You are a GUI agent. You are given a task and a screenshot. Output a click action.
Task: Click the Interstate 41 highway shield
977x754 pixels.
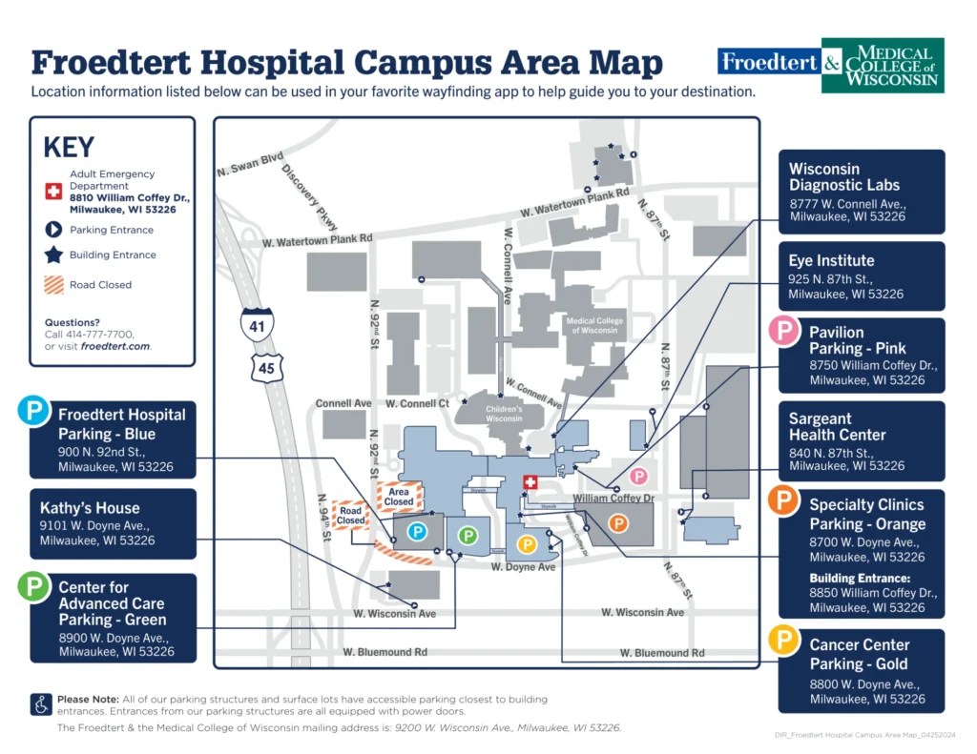257,323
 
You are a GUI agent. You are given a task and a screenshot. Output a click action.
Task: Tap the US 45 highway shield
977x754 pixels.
267,364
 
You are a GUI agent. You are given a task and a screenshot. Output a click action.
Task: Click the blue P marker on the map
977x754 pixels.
417,532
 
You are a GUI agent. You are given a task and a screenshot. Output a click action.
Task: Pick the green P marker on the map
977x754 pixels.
468,536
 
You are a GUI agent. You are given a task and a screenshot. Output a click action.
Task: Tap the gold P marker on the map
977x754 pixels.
525,543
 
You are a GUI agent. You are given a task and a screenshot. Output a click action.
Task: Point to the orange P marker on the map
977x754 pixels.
618,522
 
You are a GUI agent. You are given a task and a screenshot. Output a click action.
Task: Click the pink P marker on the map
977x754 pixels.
638,476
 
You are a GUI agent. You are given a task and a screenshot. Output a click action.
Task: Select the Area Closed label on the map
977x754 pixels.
399,497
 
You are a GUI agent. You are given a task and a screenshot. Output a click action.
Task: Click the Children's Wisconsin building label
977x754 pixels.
506,414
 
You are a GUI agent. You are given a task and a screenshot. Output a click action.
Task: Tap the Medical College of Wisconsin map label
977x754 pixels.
595,326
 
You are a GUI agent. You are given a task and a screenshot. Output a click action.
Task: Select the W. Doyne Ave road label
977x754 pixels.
523,567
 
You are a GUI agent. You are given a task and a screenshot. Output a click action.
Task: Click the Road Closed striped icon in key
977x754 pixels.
54,284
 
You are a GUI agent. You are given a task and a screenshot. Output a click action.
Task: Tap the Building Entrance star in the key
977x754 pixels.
54,255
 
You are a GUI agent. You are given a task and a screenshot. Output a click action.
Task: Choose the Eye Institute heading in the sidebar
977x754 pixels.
831,260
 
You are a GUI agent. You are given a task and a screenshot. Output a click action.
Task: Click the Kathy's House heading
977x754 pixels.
90,508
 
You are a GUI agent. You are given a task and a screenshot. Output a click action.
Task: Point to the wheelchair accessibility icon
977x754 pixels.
41,704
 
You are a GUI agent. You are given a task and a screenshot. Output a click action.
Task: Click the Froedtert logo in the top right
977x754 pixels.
769,63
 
